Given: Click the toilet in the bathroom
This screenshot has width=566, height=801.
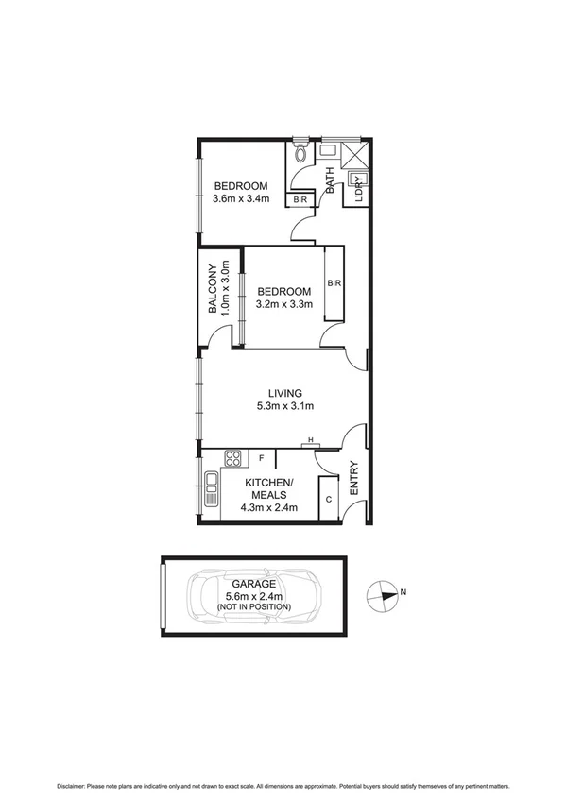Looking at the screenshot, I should tap(300, 152).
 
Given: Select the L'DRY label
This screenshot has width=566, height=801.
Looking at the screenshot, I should tap(358, 192).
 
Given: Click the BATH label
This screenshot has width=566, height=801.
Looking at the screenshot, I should tap(330, 180).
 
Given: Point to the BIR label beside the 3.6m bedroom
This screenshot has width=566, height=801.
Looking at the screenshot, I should tap(300, 200).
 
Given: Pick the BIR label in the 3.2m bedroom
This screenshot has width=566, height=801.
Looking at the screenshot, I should tap(334, 282).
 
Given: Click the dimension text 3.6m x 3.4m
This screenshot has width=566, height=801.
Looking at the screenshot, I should tap(240, 199).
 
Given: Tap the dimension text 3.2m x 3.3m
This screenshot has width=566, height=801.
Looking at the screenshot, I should tap(283, 305).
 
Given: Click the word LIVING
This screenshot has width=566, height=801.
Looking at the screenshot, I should tap(284, 393).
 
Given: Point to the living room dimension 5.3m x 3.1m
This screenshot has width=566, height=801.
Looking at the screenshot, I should tap(284, 407).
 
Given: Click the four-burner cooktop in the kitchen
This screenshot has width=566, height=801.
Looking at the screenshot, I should tap(232, 459).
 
